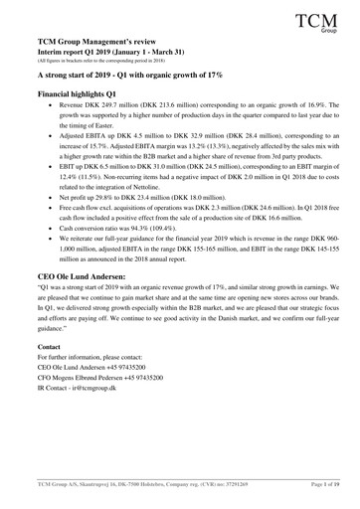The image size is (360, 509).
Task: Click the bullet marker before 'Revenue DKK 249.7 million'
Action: point(52,131)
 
